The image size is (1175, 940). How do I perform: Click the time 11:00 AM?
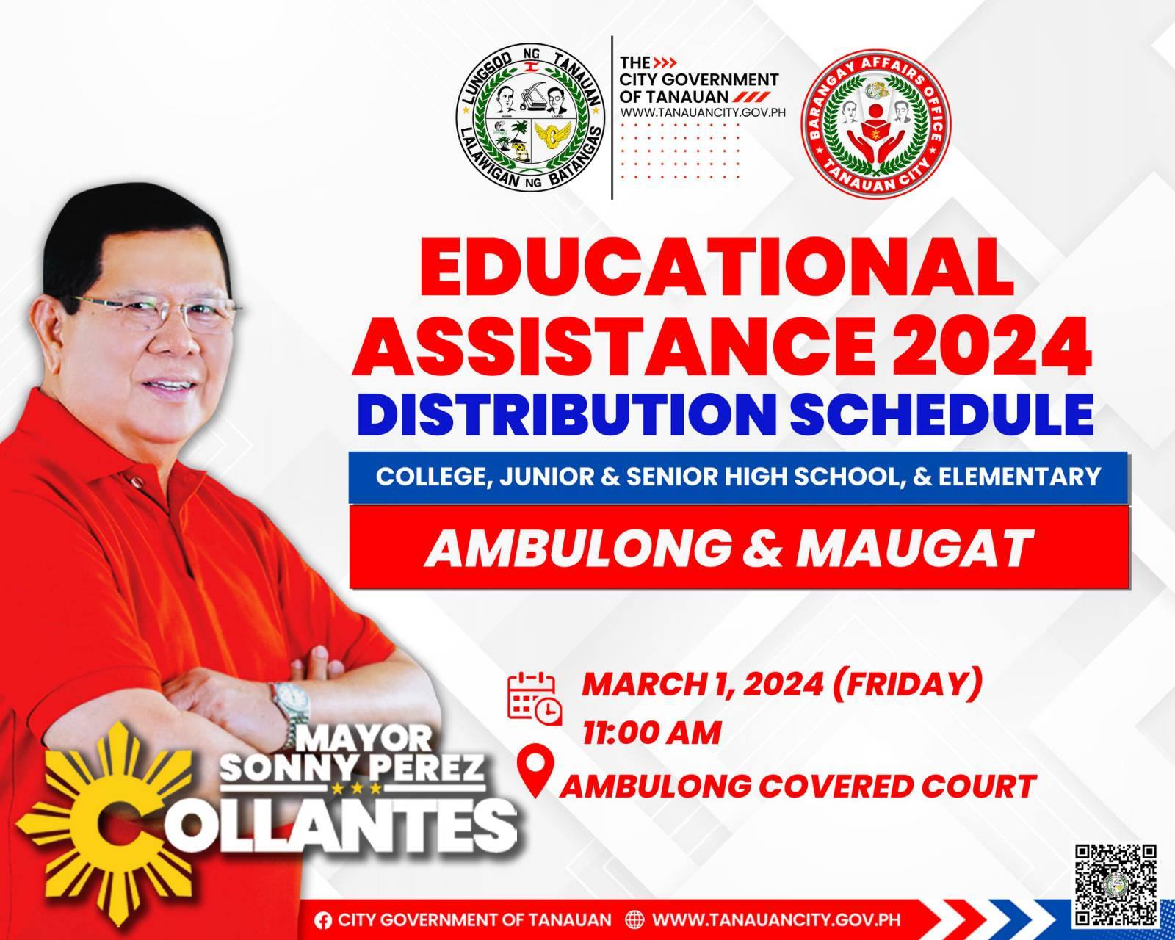coord(652,733)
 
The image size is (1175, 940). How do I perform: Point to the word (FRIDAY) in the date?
coord(904,683)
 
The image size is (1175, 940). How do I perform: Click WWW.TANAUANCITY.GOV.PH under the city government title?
coord(704,112)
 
